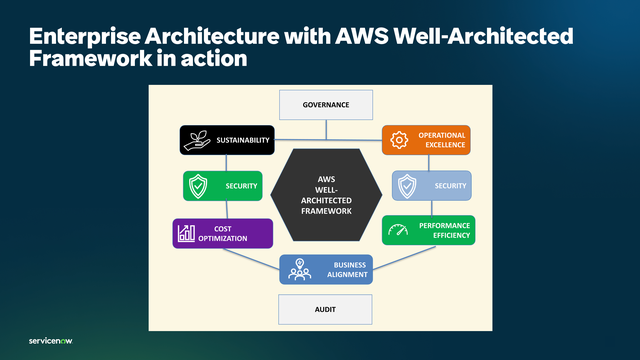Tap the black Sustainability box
226,140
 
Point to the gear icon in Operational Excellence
398,140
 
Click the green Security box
223,186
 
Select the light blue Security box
431,186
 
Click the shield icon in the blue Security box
406,186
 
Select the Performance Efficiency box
428,230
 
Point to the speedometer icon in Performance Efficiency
398,230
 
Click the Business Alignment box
325,269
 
